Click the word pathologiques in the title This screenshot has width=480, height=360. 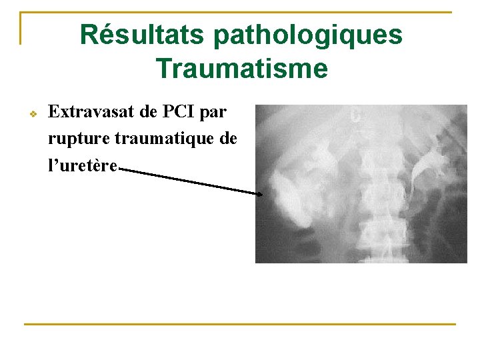coord(308,35)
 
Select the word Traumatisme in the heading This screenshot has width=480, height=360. coord(241,68)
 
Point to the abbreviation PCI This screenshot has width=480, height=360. coord(176,112)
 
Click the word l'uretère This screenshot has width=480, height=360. coord(82,165)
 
